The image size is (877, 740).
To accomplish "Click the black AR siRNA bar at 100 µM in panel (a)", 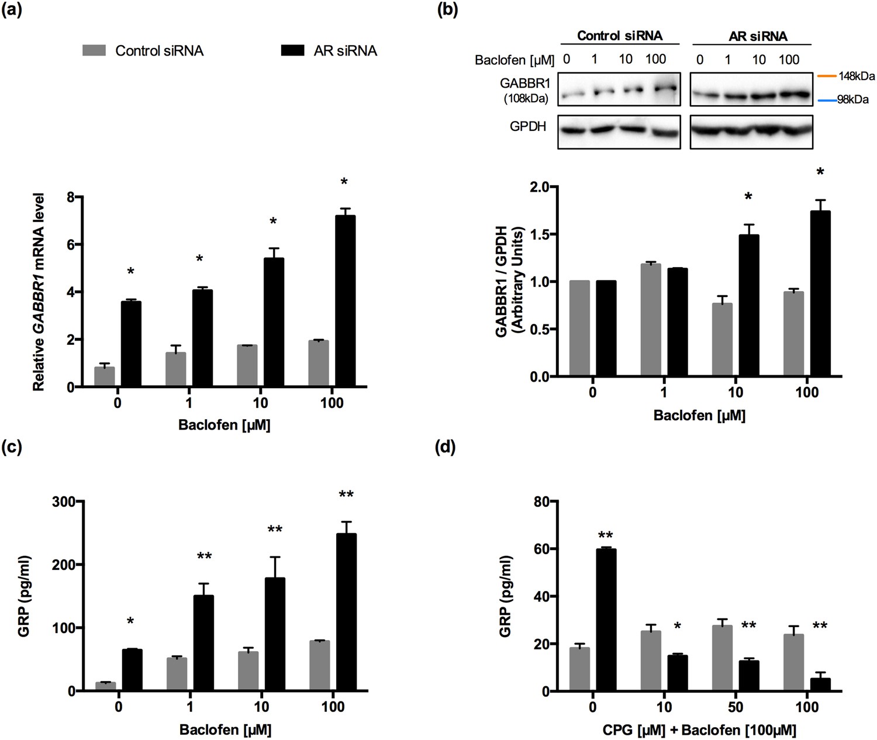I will [345, 301].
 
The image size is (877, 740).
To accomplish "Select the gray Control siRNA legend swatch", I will [94, 50].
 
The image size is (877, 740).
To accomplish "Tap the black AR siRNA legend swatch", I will [292, 50].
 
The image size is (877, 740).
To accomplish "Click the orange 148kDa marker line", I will [826, 76].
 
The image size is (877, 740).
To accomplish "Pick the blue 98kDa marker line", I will [826, 100].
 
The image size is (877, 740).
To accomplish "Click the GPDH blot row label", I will [527, 126].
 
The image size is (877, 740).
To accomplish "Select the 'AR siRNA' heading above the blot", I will [758, 36].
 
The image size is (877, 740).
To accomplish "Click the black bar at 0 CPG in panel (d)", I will [606, 620].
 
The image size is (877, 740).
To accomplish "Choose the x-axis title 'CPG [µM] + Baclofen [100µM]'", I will [699, 730].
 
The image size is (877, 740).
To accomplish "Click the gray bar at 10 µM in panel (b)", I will [722, 340].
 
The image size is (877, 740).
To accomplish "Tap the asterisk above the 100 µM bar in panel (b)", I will [820, 172].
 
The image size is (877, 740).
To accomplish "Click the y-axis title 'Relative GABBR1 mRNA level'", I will [39, 292].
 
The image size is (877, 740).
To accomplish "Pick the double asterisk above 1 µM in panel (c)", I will [204, 556].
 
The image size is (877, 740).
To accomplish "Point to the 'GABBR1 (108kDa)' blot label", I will [526, 91].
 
